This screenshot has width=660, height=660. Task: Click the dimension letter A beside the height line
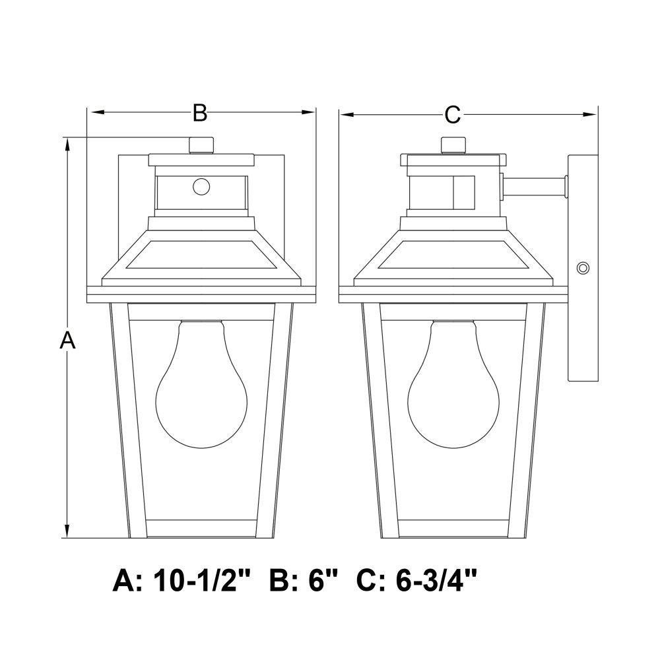click(x=67, y=340)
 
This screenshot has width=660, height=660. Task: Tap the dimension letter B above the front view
click(x=200, y=113)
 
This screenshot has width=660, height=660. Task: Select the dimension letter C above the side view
click(x=453, y=114)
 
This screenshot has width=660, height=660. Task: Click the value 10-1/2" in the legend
click(x=202, y=581)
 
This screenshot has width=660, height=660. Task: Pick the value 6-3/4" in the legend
click(x=436, y=581)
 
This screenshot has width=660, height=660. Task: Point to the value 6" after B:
click(x=323, y=581)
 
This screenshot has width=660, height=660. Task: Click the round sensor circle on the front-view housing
click(x=201, y=186)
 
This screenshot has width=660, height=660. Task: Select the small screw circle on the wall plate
click(x=583, y=268)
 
